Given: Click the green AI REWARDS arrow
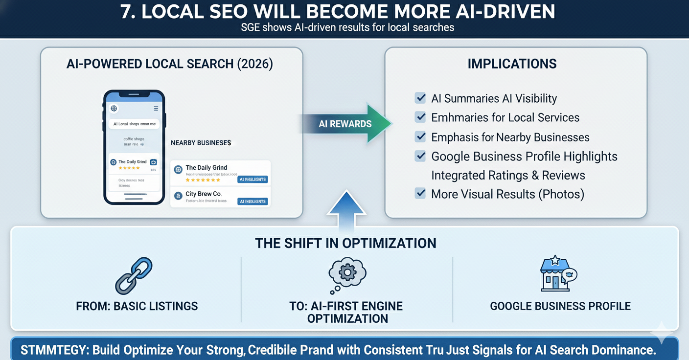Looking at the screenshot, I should tap(345, 124).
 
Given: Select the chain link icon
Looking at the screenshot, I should tap(134, 275).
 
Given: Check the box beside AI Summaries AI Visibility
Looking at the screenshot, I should tap(420, 98).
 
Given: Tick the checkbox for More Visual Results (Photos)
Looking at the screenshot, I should tap(420, 193).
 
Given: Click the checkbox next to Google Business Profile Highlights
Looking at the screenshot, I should tap(420, 156).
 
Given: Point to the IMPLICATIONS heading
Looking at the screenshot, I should tap(512, 64).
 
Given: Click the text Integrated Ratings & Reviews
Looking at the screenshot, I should tap(508, 175).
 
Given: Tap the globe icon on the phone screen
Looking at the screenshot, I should tap(114, 108).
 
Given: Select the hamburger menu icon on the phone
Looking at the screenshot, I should tap(156, 108).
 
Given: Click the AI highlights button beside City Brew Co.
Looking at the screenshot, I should tap(253, 202).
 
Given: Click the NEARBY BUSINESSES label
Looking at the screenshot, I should tap(201, 143).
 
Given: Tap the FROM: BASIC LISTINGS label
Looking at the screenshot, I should tap(137, 306).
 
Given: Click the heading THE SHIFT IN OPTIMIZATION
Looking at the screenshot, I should tap(345, 243).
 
